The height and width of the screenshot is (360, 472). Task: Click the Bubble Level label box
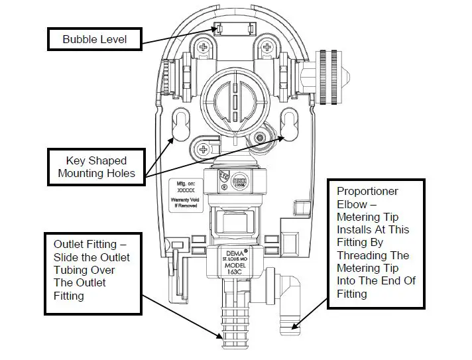coord(94,39)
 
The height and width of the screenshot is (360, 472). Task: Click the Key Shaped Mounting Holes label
coord(97,167)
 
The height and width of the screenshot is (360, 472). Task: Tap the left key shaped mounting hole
coord(180,124)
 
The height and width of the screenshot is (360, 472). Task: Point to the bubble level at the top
coord(233,29)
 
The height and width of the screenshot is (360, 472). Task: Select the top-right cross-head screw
coord(267,46)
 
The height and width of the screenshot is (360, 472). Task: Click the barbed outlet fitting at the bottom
coord(231,318)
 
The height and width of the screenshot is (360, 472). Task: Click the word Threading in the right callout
coord(363,255)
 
